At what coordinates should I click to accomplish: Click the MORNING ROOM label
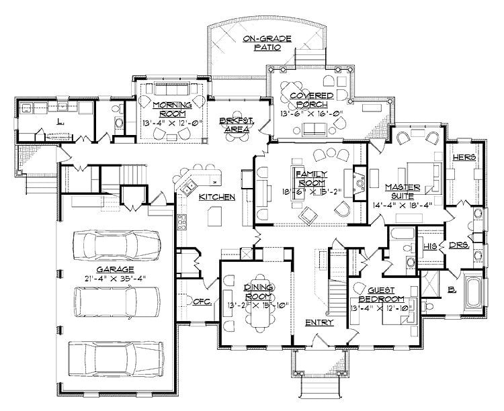click(x=171, y=109)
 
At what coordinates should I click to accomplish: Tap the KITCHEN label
click(x=216, y=197)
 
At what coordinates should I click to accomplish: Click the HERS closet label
click(x=464, y=157)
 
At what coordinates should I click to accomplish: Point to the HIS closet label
click(x=430, y=246)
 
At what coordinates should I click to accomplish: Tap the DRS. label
click(x=458, y=246)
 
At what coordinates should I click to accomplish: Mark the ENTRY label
click(x=317, y=323)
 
